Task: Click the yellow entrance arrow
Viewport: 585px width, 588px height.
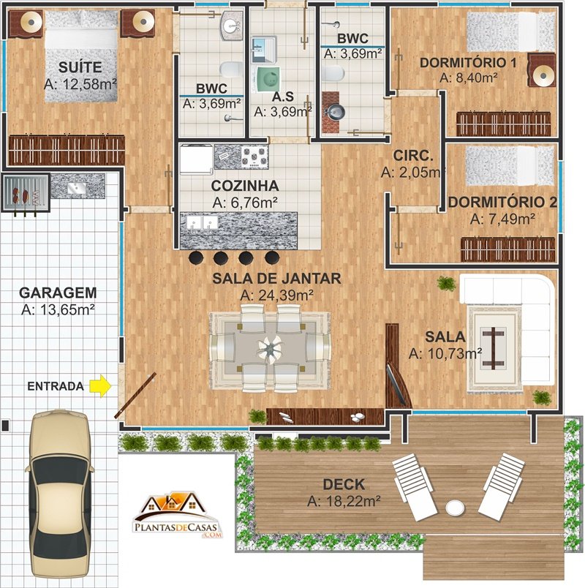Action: tap(100, 387)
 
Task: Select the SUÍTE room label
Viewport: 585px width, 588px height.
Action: tap(80, 67)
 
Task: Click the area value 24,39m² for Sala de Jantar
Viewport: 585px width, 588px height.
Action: tap(276, 295)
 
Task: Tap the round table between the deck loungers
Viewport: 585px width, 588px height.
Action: tap(456, 508)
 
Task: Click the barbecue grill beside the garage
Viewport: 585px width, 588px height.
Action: tap(26, 193)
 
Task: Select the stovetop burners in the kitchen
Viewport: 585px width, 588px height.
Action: tap(254, 157)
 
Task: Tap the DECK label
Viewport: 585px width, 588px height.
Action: tap(344, 484)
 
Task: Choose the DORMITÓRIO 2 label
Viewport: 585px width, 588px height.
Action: tap(502, 203)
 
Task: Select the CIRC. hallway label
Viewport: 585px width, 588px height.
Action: tap(413, 156)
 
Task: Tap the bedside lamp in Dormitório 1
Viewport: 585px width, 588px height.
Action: tap(543, 76)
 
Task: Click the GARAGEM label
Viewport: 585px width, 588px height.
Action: tap(58, 293)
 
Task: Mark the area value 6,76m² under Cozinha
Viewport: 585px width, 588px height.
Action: tap(245, 203)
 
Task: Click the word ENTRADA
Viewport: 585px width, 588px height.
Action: tap(56, 386)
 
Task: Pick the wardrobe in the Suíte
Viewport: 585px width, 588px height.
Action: tap(67, 150)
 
